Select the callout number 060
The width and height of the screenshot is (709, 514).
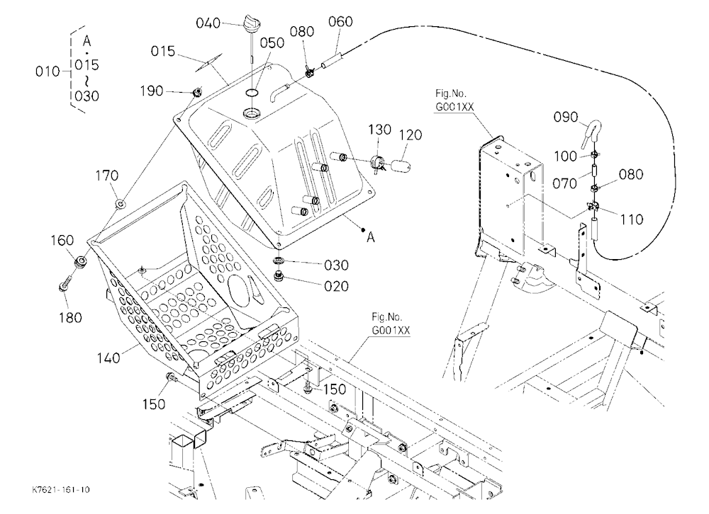(340, 21)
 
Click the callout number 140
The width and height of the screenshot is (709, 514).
(108, 358)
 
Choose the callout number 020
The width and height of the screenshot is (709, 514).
(336, 286)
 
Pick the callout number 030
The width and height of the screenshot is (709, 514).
(336, 265)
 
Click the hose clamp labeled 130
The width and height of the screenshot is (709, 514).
(378, 162)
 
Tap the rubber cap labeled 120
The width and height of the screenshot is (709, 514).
(401, 164)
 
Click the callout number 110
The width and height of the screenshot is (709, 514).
(631, 219)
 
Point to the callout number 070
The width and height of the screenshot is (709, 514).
(565, 183)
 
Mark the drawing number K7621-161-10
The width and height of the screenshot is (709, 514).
(61, 490)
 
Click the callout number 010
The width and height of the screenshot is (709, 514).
(48, 72)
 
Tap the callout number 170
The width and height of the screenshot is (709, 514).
(107, 176)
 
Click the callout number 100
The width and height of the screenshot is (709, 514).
(566, 156)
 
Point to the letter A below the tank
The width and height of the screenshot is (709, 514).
(371, 237)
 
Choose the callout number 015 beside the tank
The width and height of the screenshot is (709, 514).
(163, 51)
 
